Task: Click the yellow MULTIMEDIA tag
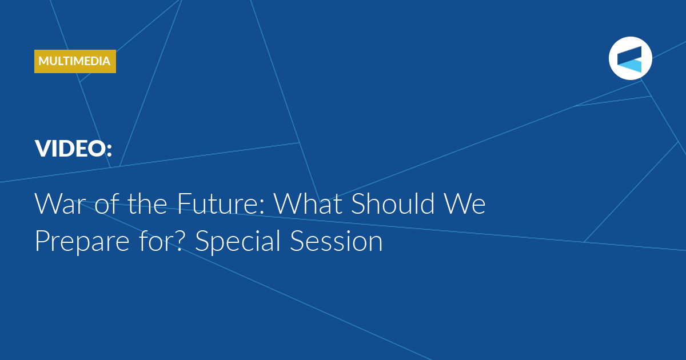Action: click(75, 61)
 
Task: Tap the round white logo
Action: click(630, 58)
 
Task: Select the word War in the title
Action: click(58, 203)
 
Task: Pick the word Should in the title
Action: click(393, 203)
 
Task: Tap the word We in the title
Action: click(465, 203)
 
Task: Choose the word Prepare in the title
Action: click(82, 242)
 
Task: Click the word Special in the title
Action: click(238, 242)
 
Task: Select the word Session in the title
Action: click(336, 241)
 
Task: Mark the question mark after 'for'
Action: click(178, 241)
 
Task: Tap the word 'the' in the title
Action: click(147, 203)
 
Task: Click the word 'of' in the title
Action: click(106, 203)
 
